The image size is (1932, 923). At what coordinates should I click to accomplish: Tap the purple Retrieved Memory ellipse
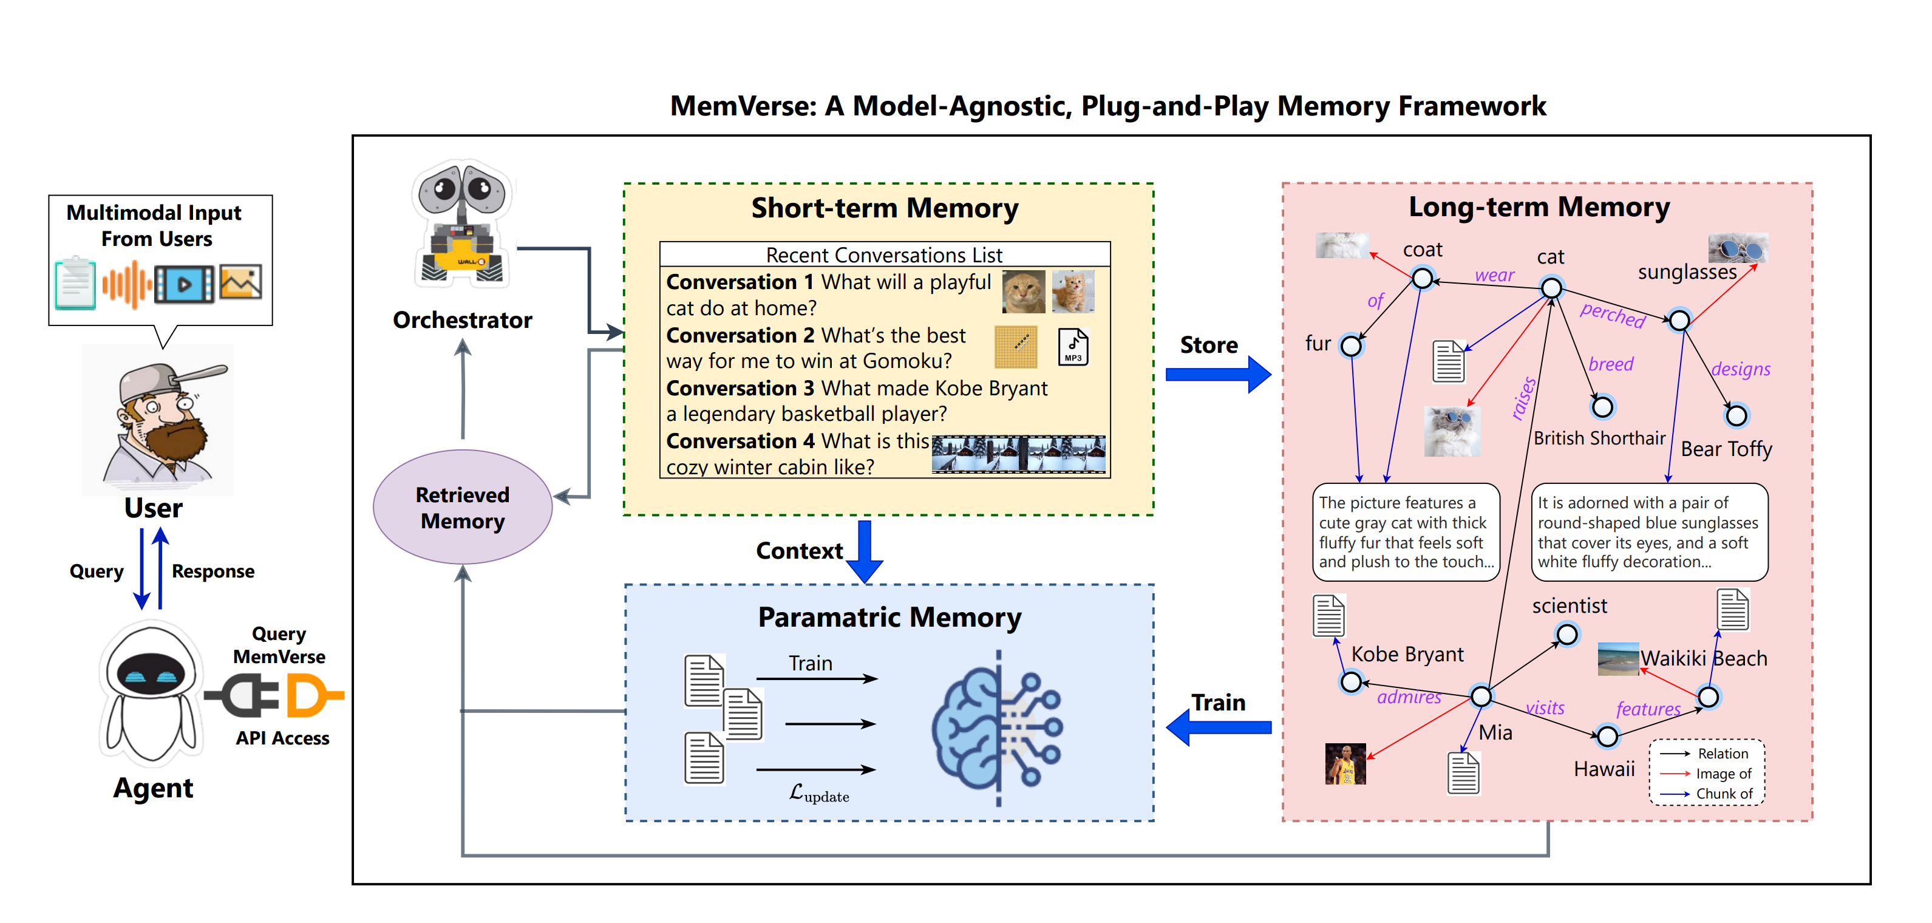(x=462, y=508)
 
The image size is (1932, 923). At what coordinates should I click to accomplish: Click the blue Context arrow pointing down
(x=865, y=552)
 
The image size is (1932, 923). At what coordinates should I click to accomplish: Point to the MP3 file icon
(x=1073, y=347)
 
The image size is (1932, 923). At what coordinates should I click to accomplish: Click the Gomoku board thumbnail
(x=1016, y=346)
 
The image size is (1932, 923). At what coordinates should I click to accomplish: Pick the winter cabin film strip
(x=1018, y=454)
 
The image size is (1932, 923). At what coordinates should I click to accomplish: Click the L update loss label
(x=818, y=793)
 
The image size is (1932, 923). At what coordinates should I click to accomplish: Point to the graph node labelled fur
(x=1352, y=346)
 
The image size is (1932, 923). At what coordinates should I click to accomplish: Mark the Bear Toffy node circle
(x=1736, y=415)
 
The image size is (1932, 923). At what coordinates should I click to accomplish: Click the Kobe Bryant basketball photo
(x=1345, y=764)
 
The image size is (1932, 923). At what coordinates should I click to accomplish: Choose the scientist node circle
(x=1566, y=635)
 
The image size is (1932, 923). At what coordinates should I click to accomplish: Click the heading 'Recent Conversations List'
(x=883, y=255)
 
